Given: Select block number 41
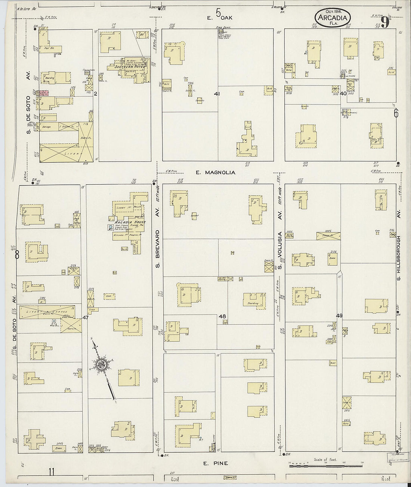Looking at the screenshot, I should coord(216,94).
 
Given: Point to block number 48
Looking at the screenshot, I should coord(222,316).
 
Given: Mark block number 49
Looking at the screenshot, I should coord(339,316).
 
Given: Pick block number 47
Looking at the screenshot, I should coord(86,318).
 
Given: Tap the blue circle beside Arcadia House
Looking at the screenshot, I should coord(110,227).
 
